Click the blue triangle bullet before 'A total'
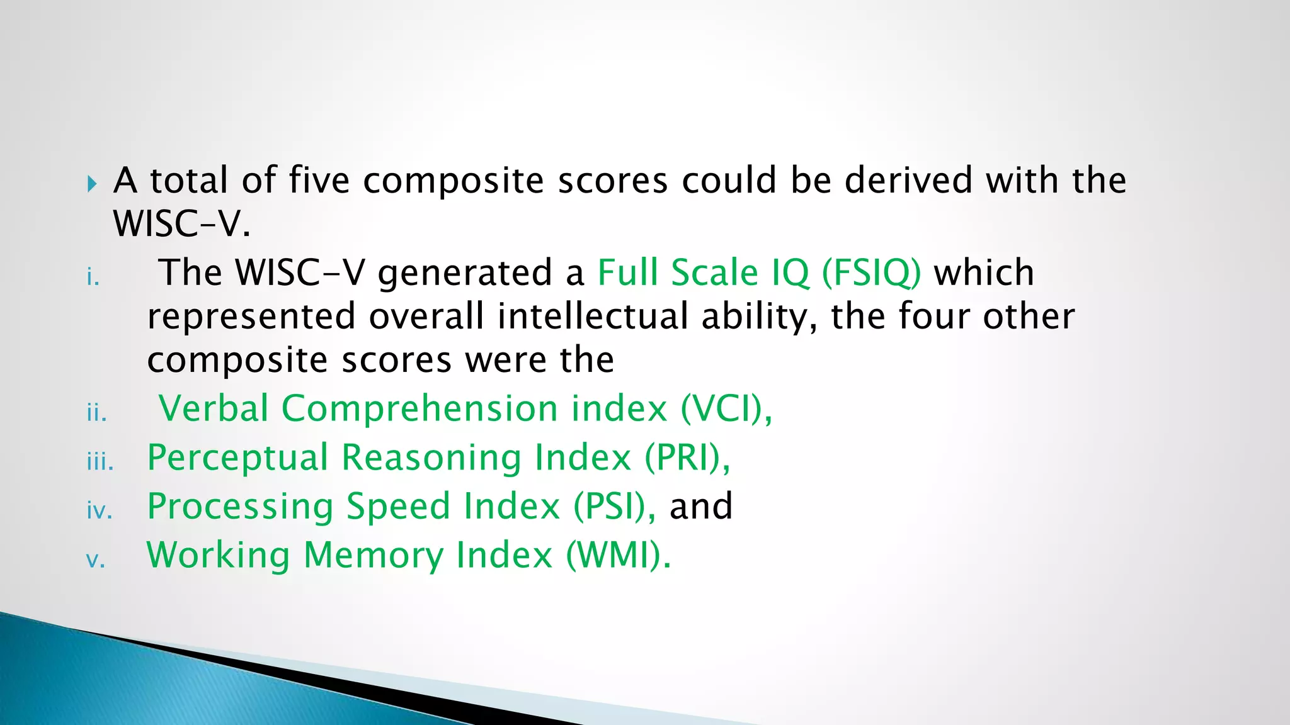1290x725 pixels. point(93,184)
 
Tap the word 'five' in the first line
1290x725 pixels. point(319,180)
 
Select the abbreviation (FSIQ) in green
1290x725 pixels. point(871,273)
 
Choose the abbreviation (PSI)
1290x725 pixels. point(610,507)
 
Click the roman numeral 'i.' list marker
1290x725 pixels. point(93,277)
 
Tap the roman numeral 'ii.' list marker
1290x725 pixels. point(96,413)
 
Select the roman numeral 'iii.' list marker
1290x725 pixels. point(100,462)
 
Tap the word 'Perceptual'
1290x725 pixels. point(237,459)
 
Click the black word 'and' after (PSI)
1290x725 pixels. point(700,507)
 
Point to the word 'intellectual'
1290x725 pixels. point(592,316)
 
